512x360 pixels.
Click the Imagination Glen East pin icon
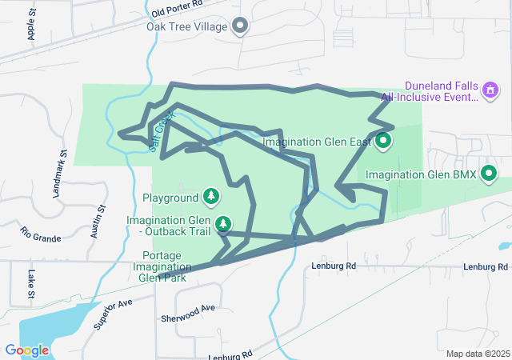click(383, 142)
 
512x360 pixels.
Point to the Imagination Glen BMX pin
click(488, 173)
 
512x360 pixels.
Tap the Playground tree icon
click(211, 196)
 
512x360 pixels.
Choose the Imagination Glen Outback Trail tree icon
click(225, 223)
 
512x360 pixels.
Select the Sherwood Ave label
click(187, 309)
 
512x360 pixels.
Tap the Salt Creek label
click(162, 127)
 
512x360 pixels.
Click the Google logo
click(27, 350)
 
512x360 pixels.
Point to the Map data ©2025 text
click(477, 354)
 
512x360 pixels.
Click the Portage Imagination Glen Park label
click(162, 266)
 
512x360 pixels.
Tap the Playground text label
click(170, 197)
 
